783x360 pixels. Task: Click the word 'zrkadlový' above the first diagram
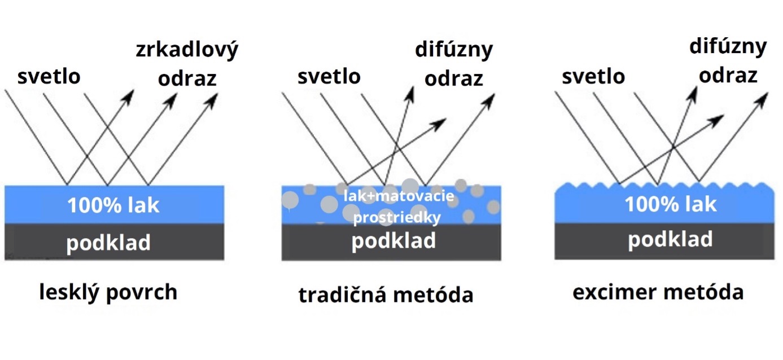point(187,50)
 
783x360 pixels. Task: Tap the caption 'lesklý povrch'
point(108,292)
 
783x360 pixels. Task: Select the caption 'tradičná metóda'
point(386,295)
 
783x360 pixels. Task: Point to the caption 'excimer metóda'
point(658,292)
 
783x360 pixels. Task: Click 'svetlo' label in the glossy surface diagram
point(49,76)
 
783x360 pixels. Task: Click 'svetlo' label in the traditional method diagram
point(329,76)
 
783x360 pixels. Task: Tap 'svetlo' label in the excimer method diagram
point(593,76)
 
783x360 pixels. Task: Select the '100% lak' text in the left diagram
point(113,205)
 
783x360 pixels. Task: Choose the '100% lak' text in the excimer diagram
point(670,204)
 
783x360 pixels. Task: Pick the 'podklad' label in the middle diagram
point(393,241)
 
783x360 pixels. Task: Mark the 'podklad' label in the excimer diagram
point(670,240)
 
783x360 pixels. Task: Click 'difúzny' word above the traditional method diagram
point(453,50)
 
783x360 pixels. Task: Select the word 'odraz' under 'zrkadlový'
point(187,78)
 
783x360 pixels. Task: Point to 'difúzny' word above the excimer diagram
point(728,47)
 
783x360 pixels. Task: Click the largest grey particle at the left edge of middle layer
point(290,199)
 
